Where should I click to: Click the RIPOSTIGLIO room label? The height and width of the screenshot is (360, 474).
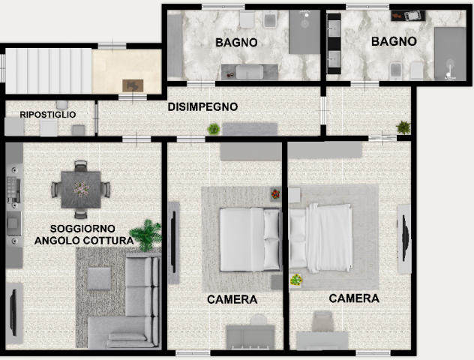[48, 115]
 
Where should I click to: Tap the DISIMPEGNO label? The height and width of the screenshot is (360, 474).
[202, 106]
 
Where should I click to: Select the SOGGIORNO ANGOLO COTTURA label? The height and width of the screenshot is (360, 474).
[84, 235]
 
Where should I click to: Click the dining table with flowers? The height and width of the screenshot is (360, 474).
[81, 190]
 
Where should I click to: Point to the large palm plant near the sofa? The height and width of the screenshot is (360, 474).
[146, 235]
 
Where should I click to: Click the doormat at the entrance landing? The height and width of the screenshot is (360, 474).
[133, 85]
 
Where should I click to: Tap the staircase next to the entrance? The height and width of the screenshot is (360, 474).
[48, 70]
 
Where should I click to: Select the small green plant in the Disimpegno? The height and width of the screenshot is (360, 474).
[214, 129]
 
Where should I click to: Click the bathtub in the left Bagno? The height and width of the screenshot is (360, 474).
[250, 72]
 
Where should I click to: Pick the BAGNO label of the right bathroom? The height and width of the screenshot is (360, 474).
[394, 41]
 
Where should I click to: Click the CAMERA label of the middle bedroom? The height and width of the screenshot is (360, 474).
[232, 299]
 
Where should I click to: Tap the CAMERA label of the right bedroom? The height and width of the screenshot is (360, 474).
[354, 298]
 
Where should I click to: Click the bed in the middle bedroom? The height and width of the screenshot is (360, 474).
[250, 239]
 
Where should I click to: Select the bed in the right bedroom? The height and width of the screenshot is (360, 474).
[321, 238]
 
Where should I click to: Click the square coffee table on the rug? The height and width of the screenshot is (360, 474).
[99, 279]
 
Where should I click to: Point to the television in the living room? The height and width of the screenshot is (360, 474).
[13, 313]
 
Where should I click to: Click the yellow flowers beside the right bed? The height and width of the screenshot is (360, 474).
[296, 280]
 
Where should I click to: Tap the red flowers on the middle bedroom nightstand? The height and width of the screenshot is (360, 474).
[275, 193]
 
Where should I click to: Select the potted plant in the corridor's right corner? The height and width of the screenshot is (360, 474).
[403, 127]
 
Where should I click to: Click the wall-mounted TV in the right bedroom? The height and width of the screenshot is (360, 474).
[405, 238]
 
